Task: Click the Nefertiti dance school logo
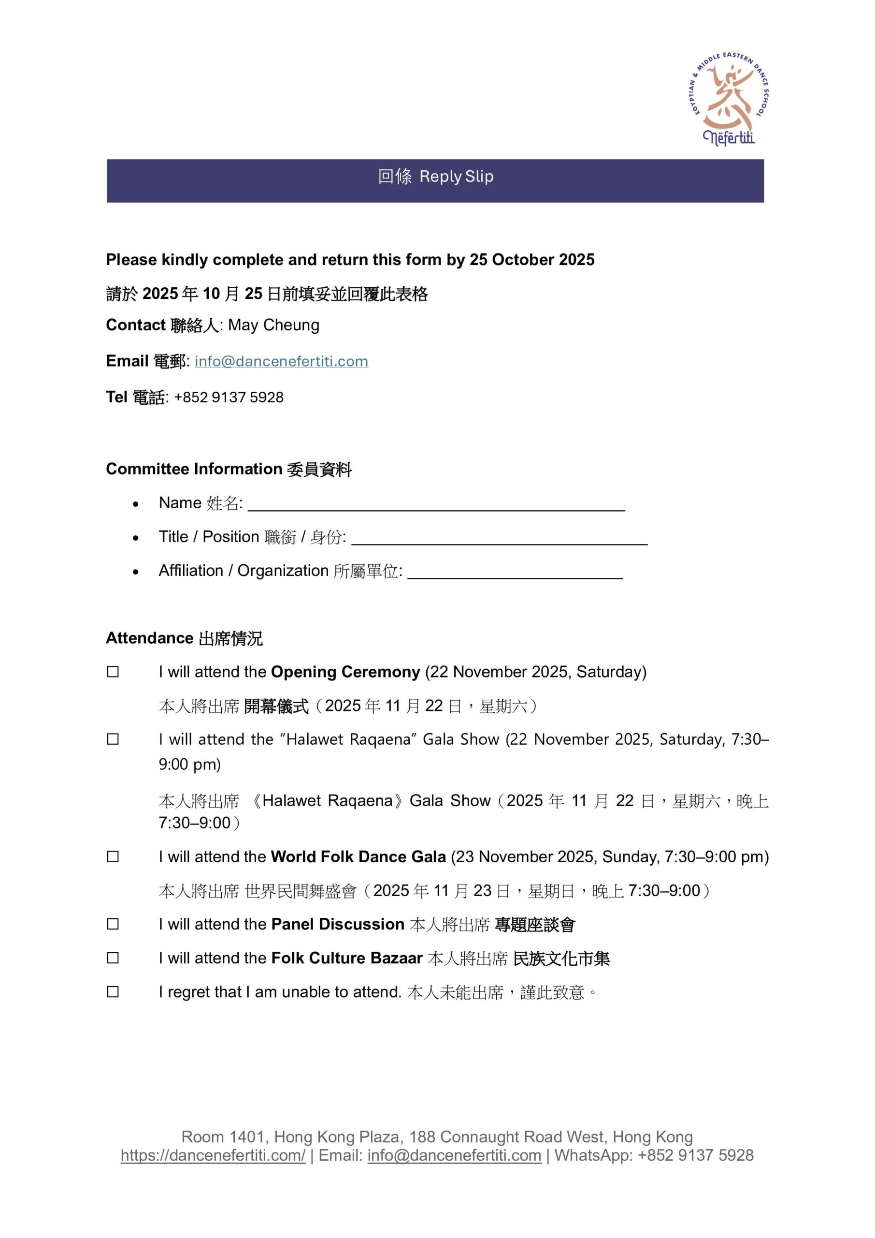pyautogui.click(x=730, y=100)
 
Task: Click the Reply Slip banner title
pyautogui.click(x=435, y=177)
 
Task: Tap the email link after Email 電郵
pyautogui.click(x=281, y=361)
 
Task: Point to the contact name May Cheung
pyautogui.click(x=273, y=325)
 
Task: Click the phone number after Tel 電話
pyautogui.click(x=229, y=398)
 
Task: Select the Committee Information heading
pyautogui.click(x=229, y=469)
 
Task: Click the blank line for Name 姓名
pyautogui.click(x=436, y=505)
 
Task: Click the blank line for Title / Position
pyautogui.click(x=499, y=539)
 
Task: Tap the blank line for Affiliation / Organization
pyautogui.click(x=515, y=573)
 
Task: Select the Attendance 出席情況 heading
pyautogui.click(x=184, y=638)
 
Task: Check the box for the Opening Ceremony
pyautogui.click(x=113, y=672)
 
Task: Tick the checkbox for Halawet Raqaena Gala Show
pyautogui.click(x=113, y=739)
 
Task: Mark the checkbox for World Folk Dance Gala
pyautogui.click(x=113, y=857)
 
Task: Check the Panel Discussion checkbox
pyautogui.click(x=113, y=924)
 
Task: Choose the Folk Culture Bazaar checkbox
pyautogui.click(x=113, y=958)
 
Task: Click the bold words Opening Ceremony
pyautogui.click(x=345, y=672)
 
